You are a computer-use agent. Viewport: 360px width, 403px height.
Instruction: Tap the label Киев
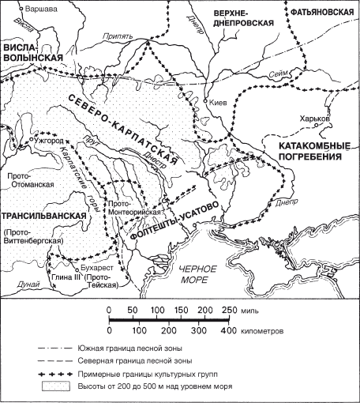[222, 103]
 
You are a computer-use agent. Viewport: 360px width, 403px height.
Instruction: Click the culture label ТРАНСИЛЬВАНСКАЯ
[43, 216]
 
